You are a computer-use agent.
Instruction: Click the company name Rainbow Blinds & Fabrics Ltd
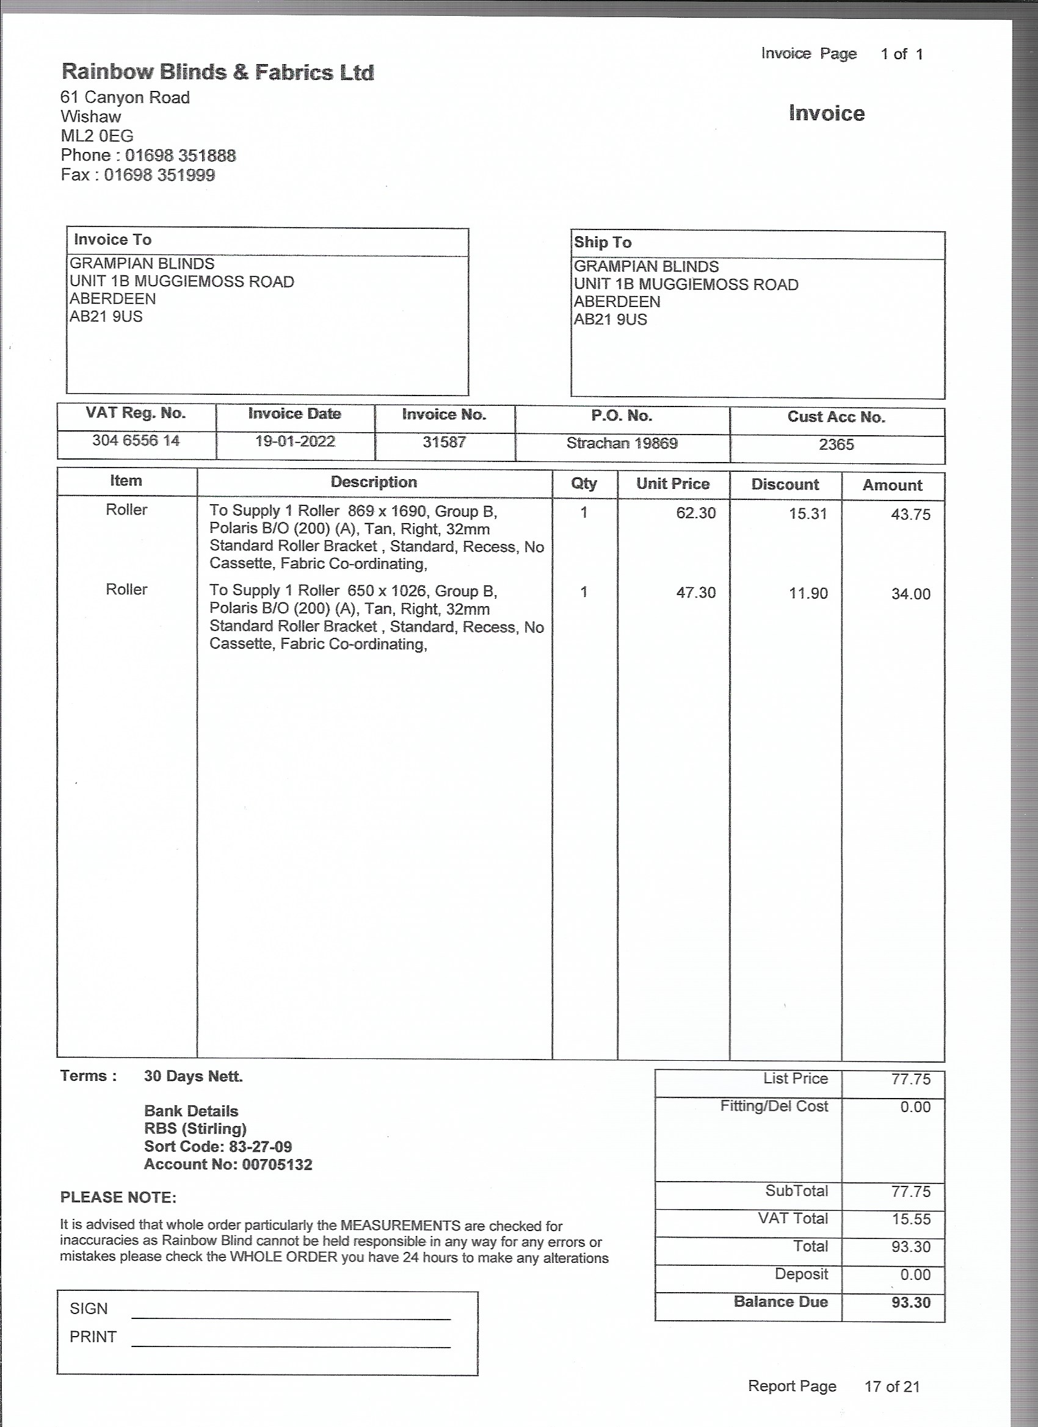tap(218, 73)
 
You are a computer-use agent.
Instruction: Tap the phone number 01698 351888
tap(180, 156)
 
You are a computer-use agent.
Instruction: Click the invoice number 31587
tap(444, 442)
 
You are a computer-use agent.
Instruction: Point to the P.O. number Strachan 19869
tap(622, 443)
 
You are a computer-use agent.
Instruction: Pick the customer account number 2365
tap(836, 445)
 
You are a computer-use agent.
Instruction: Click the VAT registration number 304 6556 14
tap(136, 441)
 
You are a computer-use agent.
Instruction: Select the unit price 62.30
tap(695, 513)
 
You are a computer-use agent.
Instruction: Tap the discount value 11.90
tap(808, 593)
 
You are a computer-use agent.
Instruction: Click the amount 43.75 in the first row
tap(910, 515)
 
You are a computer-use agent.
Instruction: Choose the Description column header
tap(374, 482)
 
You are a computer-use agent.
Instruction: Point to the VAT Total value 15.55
tap(910, 1219)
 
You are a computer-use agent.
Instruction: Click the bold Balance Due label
tap(780, 1302)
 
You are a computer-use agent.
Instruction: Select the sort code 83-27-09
tap(260, 1146)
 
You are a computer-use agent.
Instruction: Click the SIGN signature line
tap(291, 1318)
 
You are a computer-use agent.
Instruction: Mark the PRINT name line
tap(291, 1346)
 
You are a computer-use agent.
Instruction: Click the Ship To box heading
tap(603, 243)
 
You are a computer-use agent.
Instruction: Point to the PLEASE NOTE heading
tap(118, 1198)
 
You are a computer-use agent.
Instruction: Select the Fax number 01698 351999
tap(159, 175)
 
